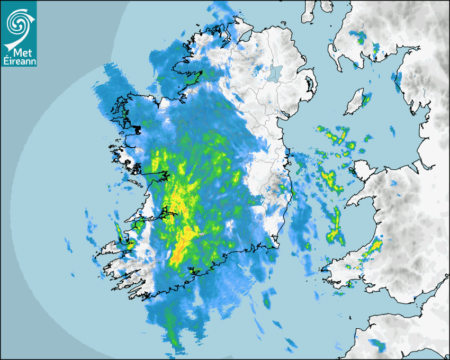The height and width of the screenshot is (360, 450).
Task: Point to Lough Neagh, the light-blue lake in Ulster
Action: tap(274, 73)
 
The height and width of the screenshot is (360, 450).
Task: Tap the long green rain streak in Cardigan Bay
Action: tap(335, 225)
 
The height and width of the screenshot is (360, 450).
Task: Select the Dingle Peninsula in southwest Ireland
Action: tap(114, 249)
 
